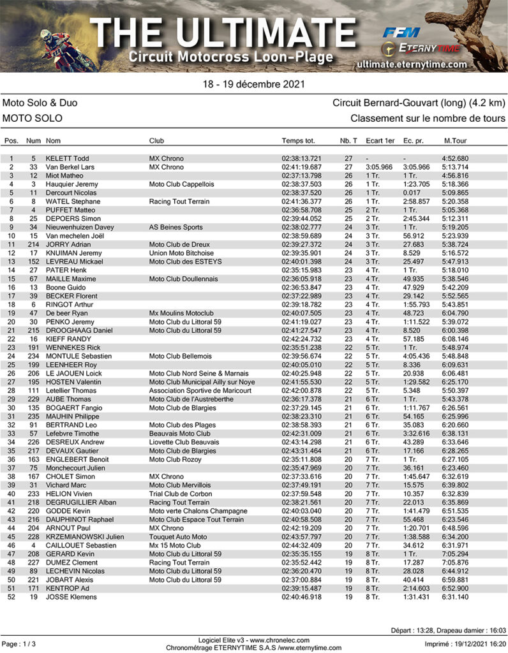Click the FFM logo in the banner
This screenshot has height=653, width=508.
[x=401, y=33]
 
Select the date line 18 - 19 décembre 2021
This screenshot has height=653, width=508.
[x=253, y=84]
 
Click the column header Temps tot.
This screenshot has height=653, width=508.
[x=298, y=140]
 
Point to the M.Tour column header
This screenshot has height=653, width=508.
[x=455, y=140]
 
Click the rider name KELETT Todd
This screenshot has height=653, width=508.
[x=67, y=159]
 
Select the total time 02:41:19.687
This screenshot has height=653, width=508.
[x=301, y=167]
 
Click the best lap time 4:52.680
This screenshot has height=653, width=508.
[x=455, y=159]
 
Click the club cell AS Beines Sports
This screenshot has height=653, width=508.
[x=176, y=227]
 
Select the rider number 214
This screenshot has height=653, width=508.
[x=34, y=244]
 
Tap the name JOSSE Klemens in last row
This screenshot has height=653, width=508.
[x=70, y=597]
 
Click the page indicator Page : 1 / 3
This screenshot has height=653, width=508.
[x=19, y=644]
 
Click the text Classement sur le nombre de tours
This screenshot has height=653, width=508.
[x=428, y=119]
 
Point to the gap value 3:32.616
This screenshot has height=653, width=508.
[x=416, y=434]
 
